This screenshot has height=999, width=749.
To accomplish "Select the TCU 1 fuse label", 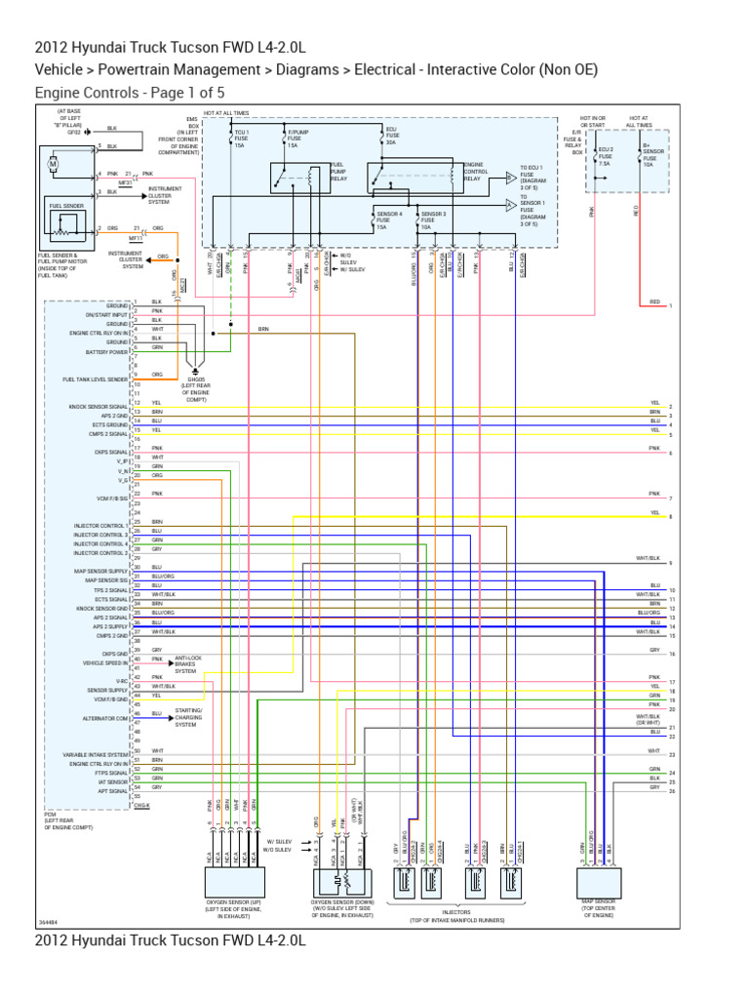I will pos(241,137).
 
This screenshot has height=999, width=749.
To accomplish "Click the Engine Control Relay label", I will pos(476,171).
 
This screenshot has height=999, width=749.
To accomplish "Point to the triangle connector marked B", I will pos(510,178).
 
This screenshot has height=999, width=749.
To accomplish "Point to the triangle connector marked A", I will pos(510,206).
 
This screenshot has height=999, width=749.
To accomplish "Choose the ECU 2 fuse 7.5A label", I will pos(606,155).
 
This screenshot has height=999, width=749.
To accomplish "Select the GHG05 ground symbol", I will pos(195,373).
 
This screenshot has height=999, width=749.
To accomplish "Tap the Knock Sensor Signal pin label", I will pos(98,405).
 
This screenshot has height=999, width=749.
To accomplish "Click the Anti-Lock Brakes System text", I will pos(192,664).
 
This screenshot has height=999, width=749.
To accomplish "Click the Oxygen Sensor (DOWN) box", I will pos(344,883).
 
